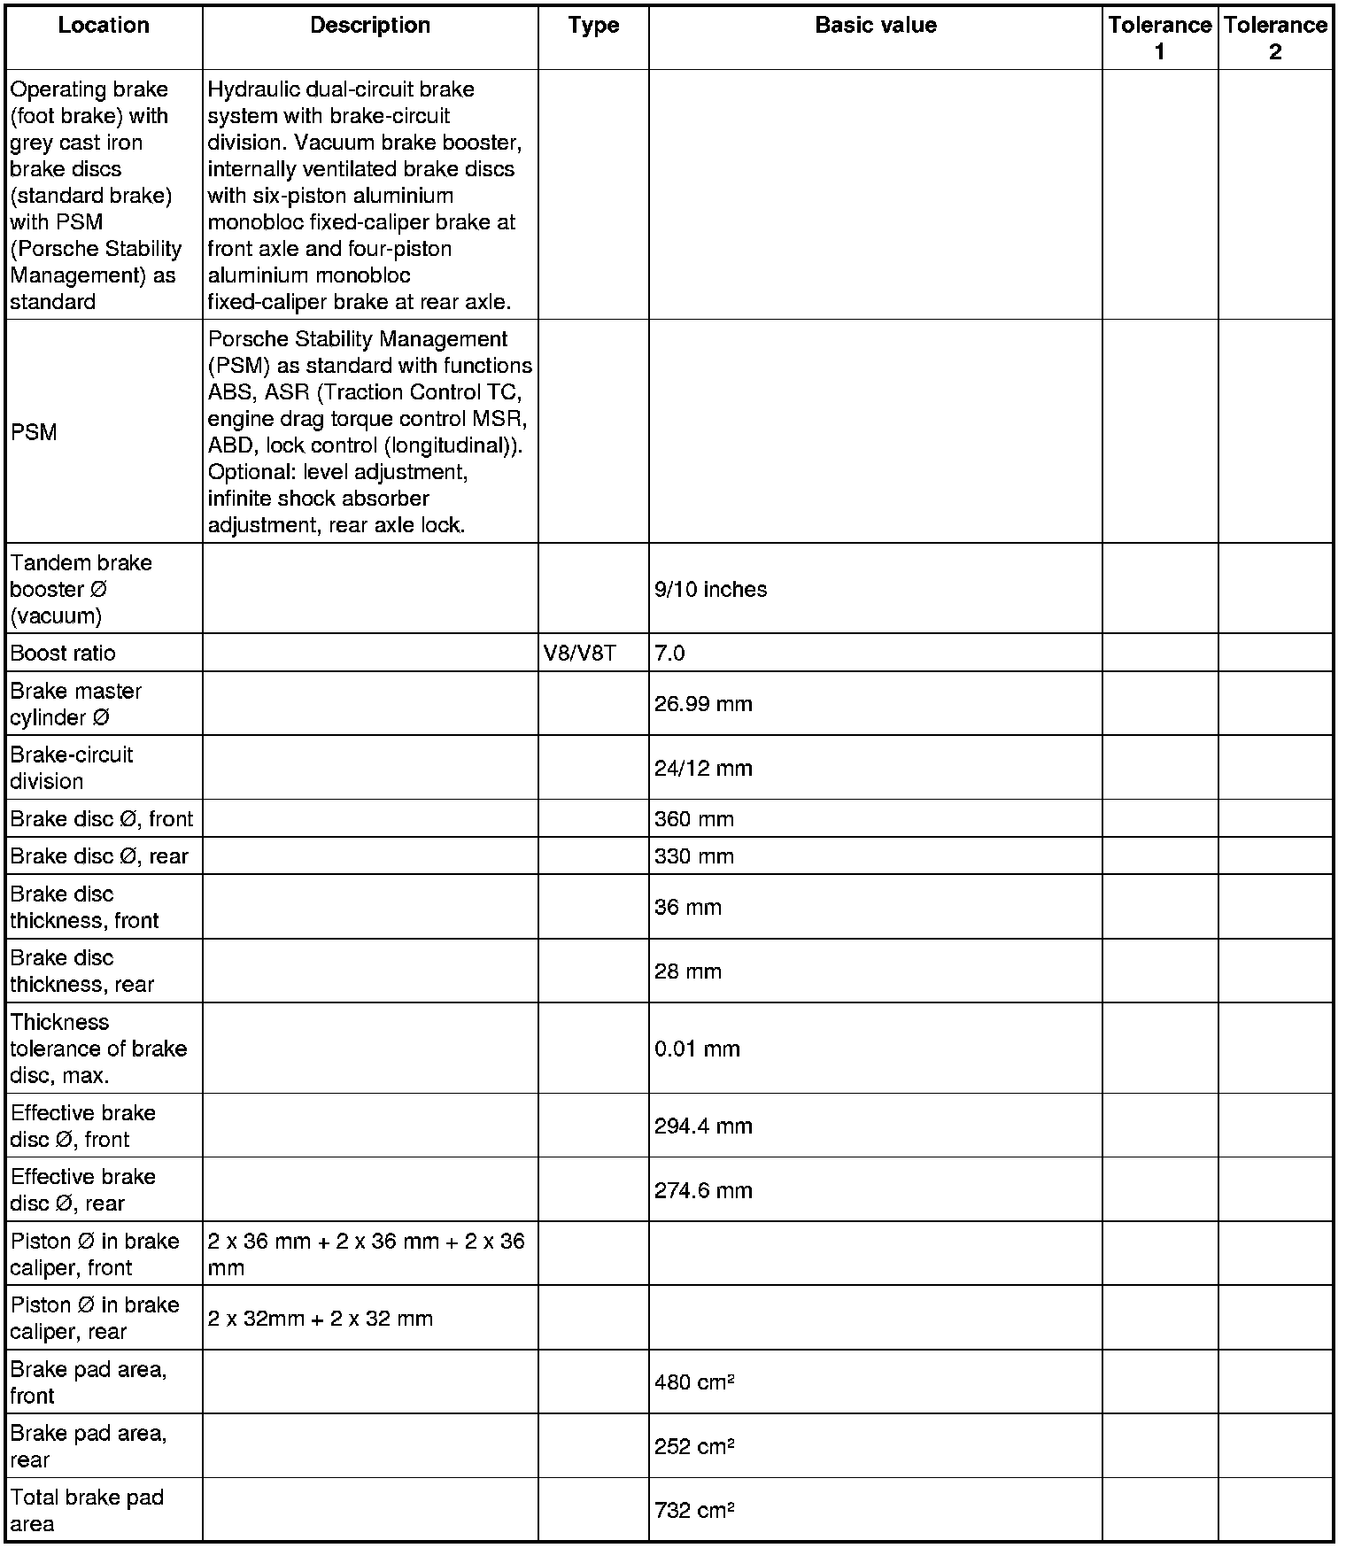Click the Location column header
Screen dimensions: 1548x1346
pos(104,26)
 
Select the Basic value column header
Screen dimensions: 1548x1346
pos(875,26)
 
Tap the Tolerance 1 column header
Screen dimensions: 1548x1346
pos(1159,38)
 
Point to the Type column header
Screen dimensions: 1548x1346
pos(593,26)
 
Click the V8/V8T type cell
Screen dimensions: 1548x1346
pos(579,654)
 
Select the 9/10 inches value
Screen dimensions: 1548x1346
pos(710,590)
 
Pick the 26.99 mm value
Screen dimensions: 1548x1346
pos(703,705)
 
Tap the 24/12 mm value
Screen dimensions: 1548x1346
pos(703,769)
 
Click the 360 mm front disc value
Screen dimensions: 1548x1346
pos(694,820)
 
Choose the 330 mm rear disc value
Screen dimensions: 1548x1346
pos(694,857)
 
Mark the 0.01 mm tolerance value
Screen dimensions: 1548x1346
pos(697,1049)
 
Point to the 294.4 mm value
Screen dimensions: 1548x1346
pos(703,1126)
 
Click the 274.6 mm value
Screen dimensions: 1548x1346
pos(703,1190)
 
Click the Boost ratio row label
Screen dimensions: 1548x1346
pos(63,654)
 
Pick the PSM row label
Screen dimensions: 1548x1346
pos(34,433)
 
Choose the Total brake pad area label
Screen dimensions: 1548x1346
pos(87,1511)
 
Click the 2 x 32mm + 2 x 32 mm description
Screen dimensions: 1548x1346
pos(321,1319)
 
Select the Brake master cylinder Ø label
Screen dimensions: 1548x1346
pos(75,705)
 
